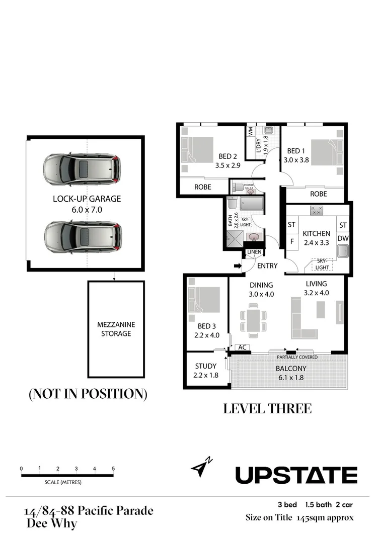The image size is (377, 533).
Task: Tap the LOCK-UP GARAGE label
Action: click(x=87, y=204)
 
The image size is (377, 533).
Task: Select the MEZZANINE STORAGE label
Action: click(x=116, y=329)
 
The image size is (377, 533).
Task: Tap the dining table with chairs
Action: click(x=253, y=321)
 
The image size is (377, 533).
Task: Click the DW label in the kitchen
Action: click(x=343, y=238)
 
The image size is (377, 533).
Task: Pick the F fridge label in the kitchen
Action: click(x=291, y=241)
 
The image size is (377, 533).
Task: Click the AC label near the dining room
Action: click(x=241, y=347)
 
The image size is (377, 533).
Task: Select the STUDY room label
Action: click(x=205, y=366)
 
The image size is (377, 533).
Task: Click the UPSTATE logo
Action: click(x=296, y=475)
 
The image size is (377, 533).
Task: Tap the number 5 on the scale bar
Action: click(x=113, y=468)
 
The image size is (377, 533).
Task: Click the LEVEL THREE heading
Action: click(x=267, y=409)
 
